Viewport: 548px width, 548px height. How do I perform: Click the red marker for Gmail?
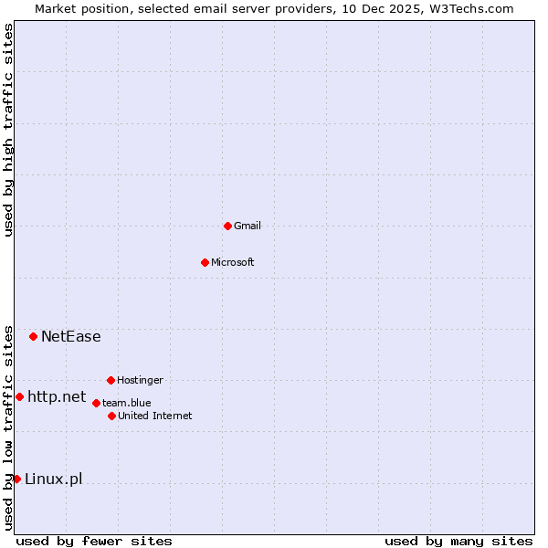[227, 226]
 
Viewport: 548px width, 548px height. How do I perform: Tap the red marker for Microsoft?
[205, 262]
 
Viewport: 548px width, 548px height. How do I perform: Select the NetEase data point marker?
[33, 336]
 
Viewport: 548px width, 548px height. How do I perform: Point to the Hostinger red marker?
[111, 380]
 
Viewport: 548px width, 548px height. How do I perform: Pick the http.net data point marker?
[19, 396]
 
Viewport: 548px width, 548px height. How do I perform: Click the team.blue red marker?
[96, 403]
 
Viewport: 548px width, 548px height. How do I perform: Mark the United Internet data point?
[111, 416]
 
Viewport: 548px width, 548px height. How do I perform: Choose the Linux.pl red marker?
[16, 479]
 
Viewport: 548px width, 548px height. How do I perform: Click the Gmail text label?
[248, 226]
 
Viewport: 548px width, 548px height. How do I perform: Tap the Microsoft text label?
[233, 262]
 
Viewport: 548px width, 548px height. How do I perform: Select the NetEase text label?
[71, 336]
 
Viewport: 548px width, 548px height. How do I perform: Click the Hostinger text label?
[140, 380]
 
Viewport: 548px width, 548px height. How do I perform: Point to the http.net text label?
[57, 396]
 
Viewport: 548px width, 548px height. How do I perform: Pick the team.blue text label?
[127, 403]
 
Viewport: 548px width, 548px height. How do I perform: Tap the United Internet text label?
[155, 416]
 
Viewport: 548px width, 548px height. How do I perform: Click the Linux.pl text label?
[53, 479]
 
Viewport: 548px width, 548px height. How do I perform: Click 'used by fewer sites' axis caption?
[94, 541]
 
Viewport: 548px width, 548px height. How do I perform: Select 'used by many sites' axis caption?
[458, 541]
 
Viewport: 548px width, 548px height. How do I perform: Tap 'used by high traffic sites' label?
[8, 130]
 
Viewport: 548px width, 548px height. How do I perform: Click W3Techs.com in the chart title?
[472, 8]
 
